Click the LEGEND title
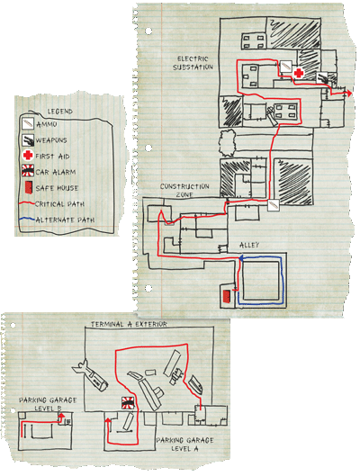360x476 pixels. point(59,112)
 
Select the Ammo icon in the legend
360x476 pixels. point(28,123)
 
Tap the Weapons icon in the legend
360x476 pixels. point(28,139)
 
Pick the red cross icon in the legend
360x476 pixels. point(28,156)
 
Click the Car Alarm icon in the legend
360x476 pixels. point(28,171)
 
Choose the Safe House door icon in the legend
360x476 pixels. point(28,187)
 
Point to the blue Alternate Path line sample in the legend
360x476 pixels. point(26,220)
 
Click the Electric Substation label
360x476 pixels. point(193,63)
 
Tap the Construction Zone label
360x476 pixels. point(184,191)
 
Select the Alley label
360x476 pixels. point(249,245)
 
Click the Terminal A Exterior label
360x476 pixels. point(129,324)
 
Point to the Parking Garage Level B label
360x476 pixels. point(48,404)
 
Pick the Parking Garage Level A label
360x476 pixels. point(184,445)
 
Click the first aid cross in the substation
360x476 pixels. point(299,73)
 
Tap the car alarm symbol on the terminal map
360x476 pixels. point(128,403)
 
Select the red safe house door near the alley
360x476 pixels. point(227,297)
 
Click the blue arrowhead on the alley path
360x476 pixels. point(241,258)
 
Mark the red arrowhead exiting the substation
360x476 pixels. point(349,94)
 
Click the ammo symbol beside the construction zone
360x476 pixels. point(274,204)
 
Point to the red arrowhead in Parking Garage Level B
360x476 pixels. point(61,415)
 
